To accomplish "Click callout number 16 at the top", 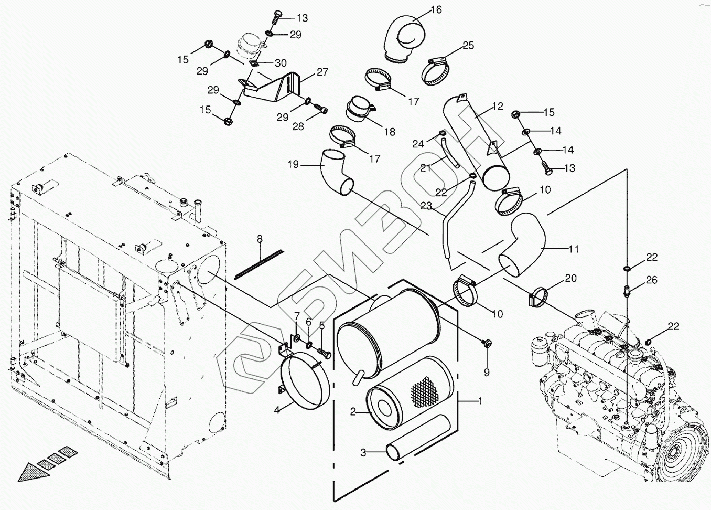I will tap(436, 9).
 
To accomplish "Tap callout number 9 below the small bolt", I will tap(487, 372).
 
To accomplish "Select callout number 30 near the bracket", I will tap(281, 63).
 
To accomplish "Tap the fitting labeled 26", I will tap(629, 289).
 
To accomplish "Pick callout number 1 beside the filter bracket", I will tap(480, 400).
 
